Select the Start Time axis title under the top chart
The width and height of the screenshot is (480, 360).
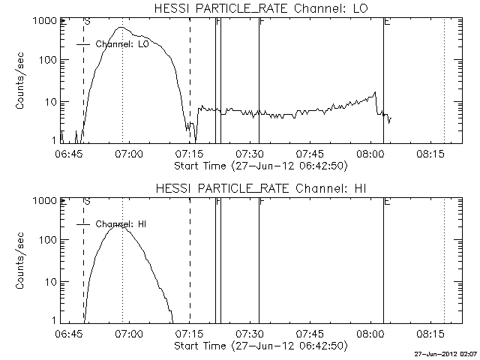click(260, 165)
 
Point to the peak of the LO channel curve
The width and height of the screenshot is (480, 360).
click(122, 28)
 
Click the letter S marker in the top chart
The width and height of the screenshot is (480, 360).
click(88, 21)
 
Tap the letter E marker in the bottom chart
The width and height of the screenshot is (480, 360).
click(386, 201)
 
